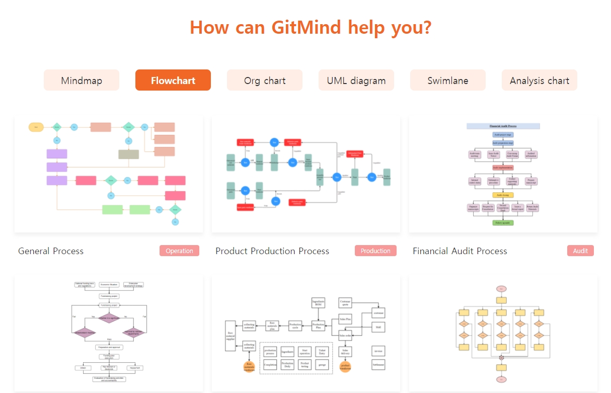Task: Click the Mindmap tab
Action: coord(82,81)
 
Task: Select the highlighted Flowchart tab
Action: coord(173,81)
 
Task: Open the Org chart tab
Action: coord(265,81)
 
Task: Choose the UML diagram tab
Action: coord(356,81)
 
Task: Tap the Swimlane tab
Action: coord(448,81)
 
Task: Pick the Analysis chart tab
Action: coord(540,81)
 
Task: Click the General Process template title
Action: coord(51,251)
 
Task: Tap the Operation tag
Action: coord(179,251)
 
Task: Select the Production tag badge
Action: coord(375,251)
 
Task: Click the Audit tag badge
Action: coord(580,251)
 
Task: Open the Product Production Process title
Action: coord(272,251)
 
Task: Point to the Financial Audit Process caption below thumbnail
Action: coord(460,251)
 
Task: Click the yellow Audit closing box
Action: coord(503,194)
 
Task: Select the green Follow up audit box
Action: coord(503,222)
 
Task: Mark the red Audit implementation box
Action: coord(503,167)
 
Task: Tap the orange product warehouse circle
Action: coord(345,367)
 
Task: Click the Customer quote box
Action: coord(345,302)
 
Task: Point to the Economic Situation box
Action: coord(109,284)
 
